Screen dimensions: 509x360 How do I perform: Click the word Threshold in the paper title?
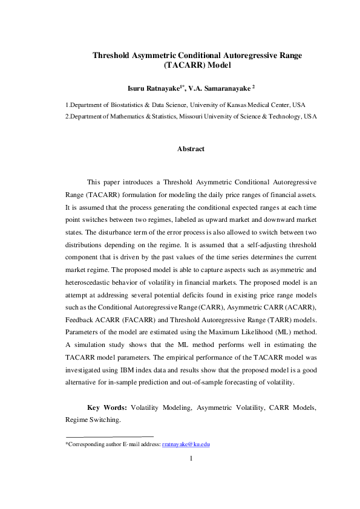113,56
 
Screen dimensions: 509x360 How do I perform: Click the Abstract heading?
191,149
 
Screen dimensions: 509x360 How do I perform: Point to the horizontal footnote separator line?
110,435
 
